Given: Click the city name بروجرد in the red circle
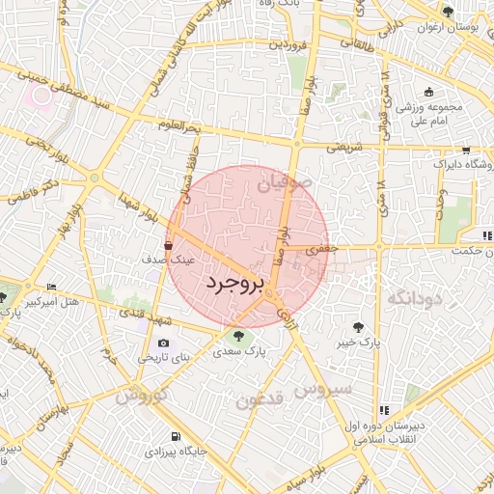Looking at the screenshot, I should pos(234,284).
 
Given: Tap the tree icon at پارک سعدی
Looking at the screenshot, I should pos(237,335).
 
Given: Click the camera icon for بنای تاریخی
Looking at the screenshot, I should pos(162,343).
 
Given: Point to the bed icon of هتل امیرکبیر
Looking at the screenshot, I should pos(51,288).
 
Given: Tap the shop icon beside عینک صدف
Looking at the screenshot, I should pos(170,246).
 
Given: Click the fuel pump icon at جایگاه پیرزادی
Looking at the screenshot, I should pos(174,435).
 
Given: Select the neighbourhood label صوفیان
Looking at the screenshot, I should pos(285,179).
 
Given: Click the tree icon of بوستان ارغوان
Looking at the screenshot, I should pos(448,12).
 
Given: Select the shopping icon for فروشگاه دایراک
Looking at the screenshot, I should pos(467,151).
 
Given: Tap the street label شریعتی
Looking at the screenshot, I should pos(343,149).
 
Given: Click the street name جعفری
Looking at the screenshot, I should pos(318,249).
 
